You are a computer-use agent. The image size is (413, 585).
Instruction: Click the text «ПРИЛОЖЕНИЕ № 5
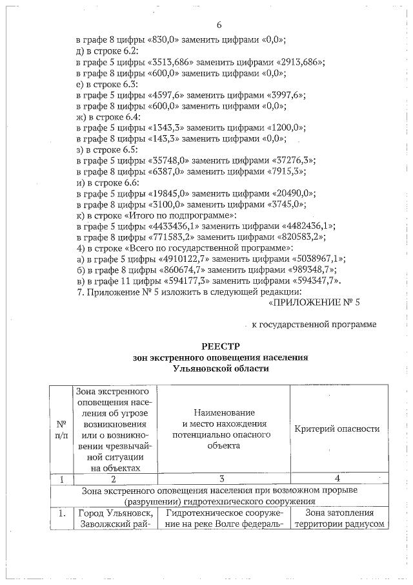point(312,302)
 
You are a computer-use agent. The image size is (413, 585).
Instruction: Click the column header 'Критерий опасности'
point(337,429)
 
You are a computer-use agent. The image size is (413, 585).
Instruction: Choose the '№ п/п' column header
point(62,429)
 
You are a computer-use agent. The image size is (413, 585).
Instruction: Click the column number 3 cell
point(221,479)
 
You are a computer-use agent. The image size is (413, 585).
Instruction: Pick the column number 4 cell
point(337,479)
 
